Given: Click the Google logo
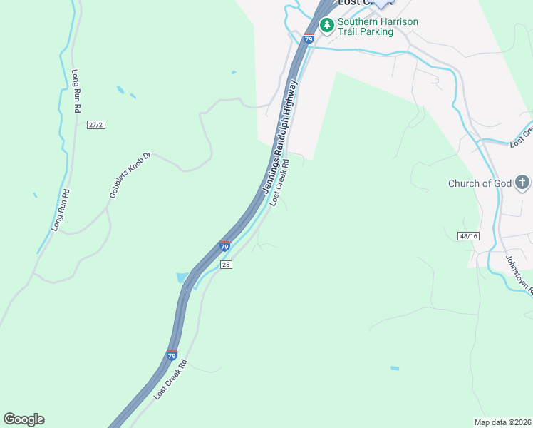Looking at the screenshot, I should click(x=24, y=419).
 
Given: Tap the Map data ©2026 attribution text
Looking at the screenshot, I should click(x=502, y=422).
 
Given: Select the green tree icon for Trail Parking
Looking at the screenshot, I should click(x=326, y=26).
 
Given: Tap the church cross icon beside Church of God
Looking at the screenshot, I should click(x=522, y=183).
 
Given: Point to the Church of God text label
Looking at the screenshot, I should click(x=480, y=183).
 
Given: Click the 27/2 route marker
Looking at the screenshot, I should click(x=96, y=125).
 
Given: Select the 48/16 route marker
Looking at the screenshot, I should click(x=467, y=235).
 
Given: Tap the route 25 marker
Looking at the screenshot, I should click(x=227, y=265).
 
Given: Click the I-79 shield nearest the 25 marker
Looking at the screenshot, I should click(x=224, y=247).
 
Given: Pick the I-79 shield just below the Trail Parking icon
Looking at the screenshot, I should click(x=308, y=39).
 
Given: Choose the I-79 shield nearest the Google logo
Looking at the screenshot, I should click(x=172, y=355).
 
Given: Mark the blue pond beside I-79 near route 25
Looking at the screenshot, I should click(x=182, y=277).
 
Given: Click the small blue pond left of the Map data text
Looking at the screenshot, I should click(x=395, y=368).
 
